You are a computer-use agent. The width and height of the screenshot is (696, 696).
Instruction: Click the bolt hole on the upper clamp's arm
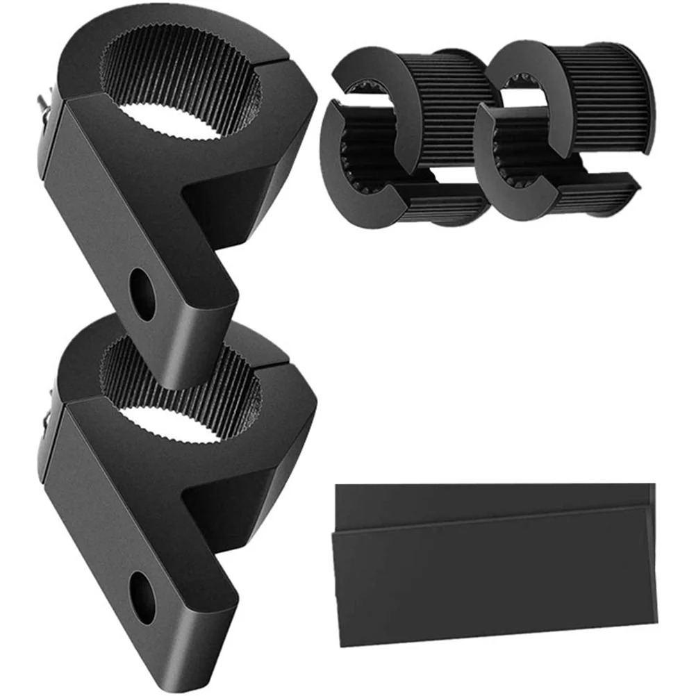point(144,293)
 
